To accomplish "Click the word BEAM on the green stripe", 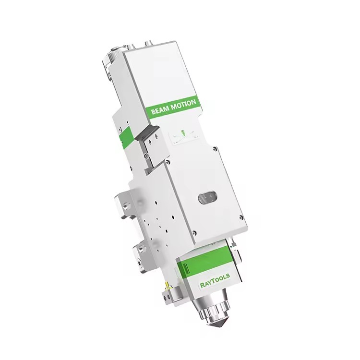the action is tap(159, 111).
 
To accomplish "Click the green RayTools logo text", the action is tap(215, 280).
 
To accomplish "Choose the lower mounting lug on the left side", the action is tap(141, 258).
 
